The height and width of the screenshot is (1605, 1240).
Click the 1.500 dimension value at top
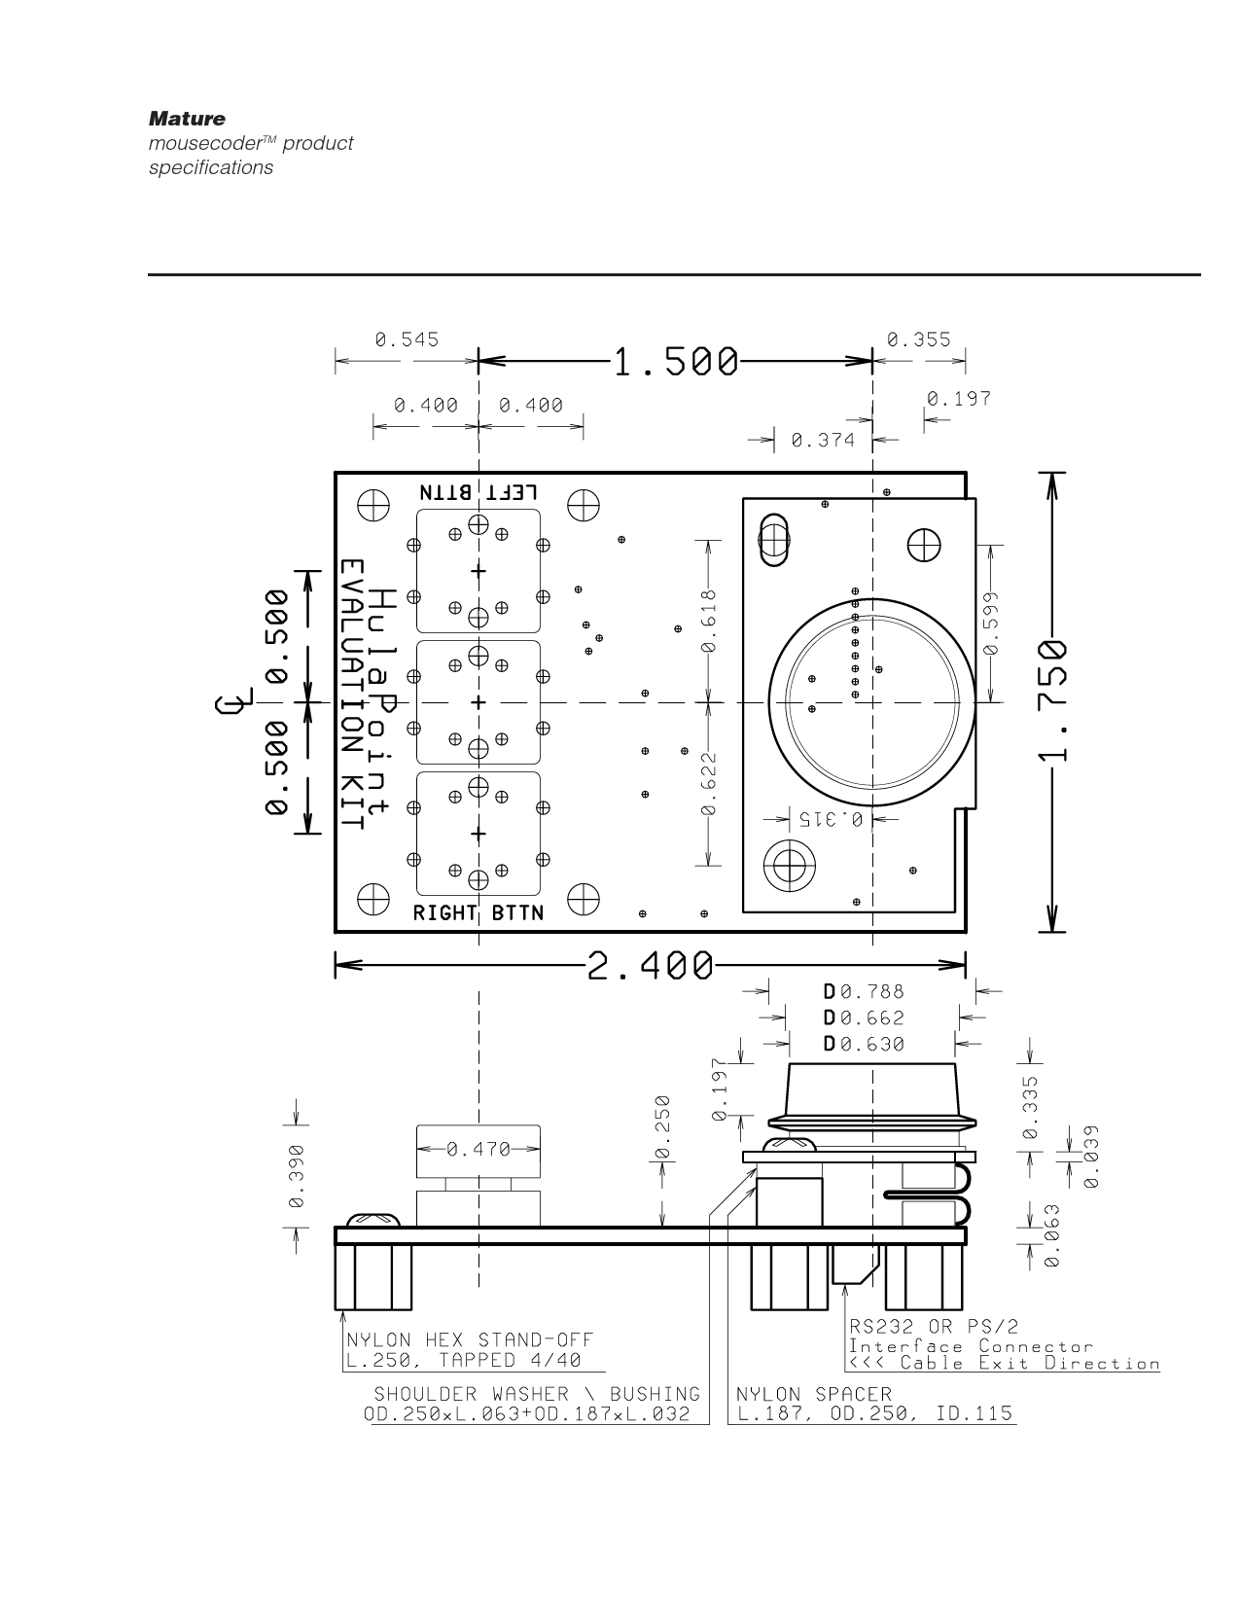pos(675,362)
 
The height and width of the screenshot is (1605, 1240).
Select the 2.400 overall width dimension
pos(650,966)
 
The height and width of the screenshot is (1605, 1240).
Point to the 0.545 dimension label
pos(407,339)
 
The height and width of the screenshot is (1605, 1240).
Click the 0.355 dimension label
pos(919,339)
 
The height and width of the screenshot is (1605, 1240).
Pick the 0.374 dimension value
pos(823,441)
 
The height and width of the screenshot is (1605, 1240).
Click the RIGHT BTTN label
pos(478,913)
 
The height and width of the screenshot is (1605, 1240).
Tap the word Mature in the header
pos(187,119)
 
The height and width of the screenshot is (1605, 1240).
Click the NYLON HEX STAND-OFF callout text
pos(470,1340)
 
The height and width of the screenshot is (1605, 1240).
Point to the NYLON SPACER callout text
pos(814,1395)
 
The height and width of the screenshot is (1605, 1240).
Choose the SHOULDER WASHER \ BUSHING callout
pos(537,1395)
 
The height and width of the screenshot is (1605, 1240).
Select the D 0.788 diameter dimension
pos(864,992)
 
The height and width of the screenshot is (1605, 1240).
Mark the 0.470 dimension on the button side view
pos(478,1150)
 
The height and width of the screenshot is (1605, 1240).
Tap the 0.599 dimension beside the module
pos(990,623)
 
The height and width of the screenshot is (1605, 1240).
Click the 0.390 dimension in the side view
pos(296,1176)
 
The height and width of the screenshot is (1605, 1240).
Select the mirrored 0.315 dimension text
pos(832,819)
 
